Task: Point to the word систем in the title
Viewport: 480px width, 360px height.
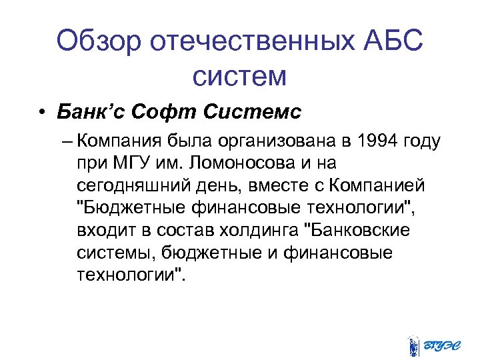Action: point(239,77)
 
